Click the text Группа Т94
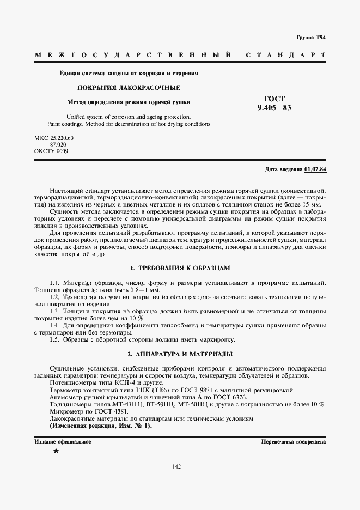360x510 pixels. click(x=311, y=37)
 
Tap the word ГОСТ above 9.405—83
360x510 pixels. click(x=274, y=99)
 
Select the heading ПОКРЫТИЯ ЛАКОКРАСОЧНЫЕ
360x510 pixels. click(x=129, y=88)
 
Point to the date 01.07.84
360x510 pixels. click(x=316, y=169)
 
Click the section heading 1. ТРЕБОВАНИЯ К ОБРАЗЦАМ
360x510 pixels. click(x=180, y=268)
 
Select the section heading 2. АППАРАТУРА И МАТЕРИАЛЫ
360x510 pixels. click(x=180, y=354)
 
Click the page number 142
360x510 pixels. click(x=176, y=466)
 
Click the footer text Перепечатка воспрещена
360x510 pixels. click(x=294, y=441)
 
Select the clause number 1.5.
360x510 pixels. click(x=54, y=339)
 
